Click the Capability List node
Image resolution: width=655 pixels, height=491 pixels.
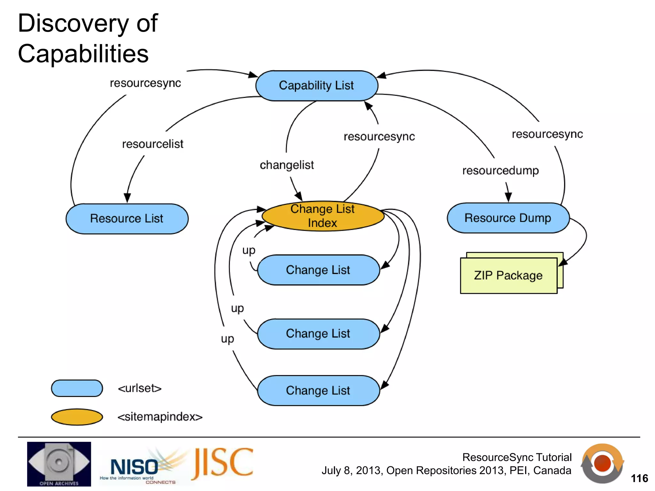point(317,86)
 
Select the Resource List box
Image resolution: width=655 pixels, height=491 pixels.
point(127,219)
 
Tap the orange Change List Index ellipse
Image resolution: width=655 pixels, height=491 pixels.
point(323,216)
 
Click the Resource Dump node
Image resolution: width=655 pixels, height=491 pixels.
point(508,218)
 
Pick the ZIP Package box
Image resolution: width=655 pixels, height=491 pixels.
point(509,275)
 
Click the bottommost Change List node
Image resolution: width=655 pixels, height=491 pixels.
point(318,391)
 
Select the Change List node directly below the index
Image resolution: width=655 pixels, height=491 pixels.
point(318,270)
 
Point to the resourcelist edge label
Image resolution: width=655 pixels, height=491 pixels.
point(153,144)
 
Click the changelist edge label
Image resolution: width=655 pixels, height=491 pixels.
point(287,165)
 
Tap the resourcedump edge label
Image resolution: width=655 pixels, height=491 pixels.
point(501,171)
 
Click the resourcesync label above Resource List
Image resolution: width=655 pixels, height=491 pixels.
point(145,83)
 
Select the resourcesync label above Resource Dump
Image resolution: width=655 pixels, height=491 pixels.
point(547,134)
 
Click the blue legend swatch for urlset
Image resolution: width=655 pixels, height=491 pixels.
point(77,388)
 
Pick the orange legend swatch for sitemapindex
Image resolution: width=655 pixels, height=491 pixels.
point(77,417)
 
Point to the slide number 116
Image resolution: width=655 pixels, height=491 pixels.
point(639,479)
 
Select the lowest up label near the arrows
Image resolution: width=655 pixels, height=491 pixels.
point(227,339)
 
